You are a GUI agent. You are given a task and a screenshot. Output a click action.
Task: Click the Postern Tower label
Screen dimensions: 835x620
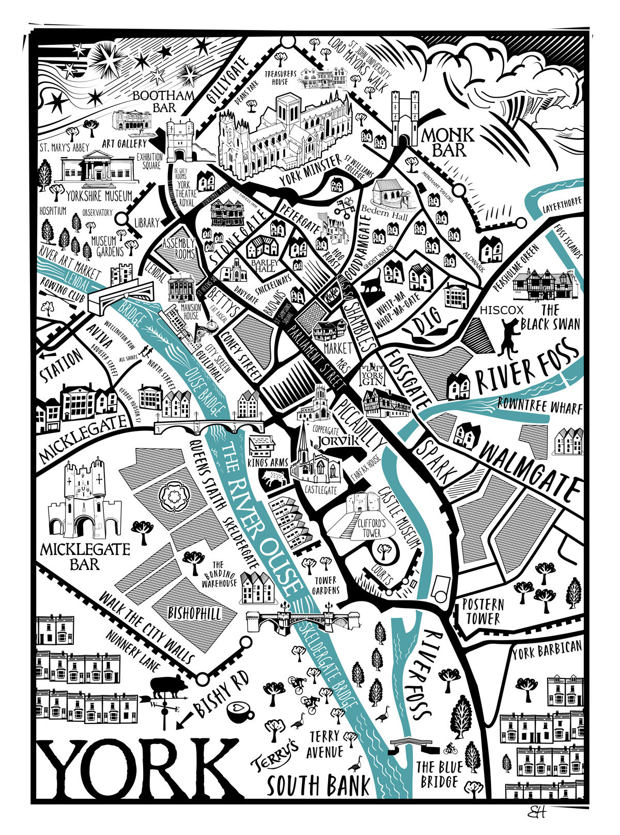[x=483, y=611]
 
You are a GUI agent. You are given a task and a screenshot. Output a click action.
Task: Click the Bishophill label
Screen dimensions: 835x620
[x=195, y=614]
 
